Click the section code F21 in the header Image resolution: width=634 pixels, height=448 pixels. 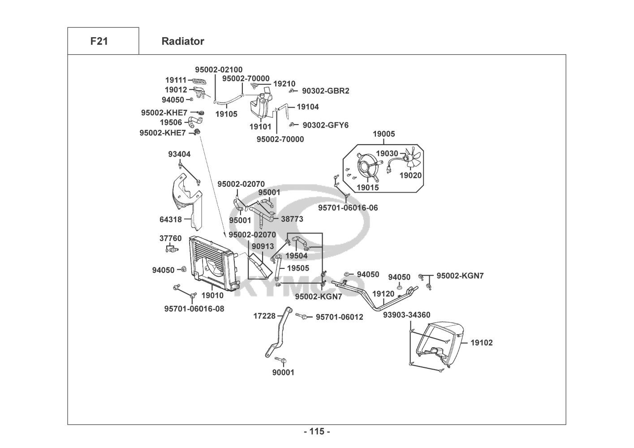99,41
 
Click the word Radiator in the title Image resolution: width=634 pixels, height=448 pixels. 182,41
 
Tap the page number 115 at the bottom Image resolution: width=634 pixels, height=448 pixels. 317,431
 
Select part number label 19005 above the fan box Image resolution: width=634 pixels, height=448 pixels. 384,134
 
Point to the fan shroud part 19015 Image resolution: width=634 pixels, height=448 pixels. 367,165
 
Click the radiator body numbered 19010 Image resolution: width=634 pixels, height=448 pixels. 211,264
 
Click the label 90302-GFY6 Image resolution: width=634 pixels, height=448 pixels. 325,125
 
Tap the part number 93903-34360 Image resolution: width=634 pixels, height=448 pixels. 406,315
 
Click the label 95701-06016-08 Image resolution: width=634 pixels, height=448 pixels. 194,309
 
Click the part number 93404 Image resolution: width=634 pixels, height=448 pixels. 179,154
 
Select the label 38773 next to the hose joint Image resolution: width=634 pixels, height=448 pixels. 292,219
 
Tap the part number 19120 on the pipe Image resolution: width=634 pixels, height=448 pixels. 383,294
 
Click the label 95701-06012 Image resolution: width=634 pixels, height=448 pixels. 339,317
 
